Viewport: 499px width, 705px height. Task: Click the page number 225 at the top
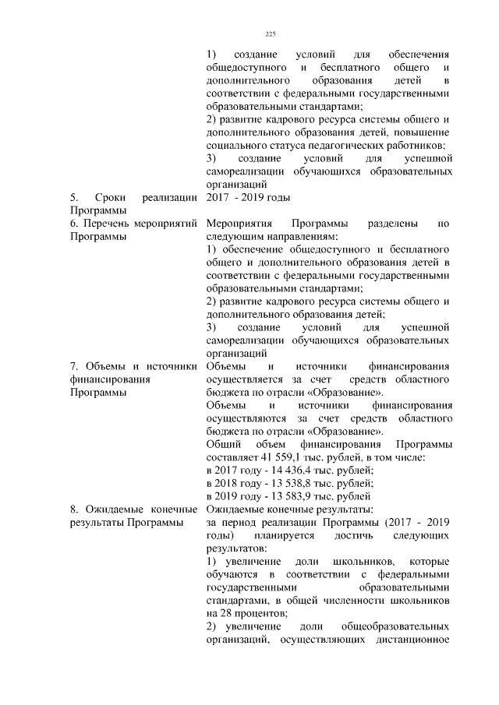271,34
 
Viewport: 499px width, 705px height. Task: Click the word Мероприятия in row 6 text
237,224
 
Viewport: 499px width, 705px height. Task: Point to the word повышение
422,132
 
